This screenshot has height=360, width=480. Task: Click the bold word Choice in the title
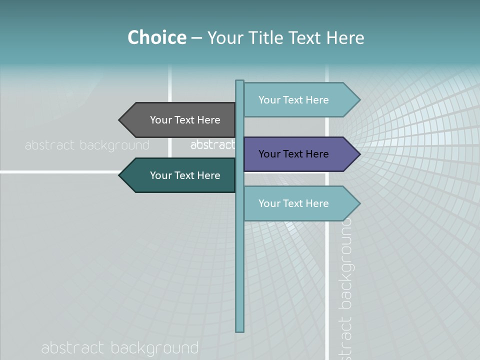click(156, 37)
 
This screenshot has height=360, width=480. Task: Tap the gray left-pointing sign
click(180, 120)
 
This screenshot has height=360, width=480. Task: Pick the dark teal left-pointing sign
click(180, 175)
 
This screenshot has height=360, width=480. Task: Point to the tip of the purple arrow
click(359, 154)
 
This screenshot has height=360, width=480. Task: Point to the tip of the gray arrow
click(120, 120)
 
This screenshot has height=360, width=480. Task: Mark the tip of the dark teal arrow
click(120, 175)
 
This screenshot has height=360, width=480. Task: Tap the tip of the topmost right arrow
click(359, 100)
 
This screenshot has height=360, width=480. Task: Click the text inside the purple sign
click(293, 154)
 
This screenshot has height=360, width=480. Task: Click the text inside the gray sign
click(185, 120)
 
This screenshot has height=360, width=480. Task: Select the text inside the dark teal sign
click(185, 175)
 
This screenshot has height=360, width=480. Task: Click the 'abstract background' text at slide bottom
click(120, 348)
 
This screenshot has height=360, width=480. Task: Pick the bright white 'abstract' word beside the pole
click(212, 145)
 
